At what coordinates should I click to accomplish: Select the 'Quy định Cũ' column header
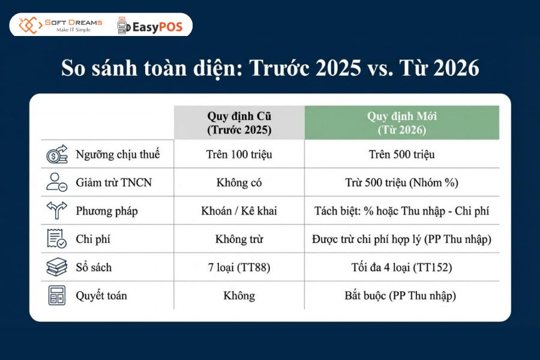pyautogui.click(x=239, y=122)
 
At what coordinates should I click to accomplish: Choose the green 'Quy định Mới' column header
pyautogui.click(x=401, y=122)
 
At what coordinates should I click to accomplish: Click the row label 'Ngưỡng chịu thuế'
pyautogui.click(x=118, y=154)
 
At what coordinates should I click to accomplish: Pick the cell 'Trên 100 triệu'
pyautogui.click(x=239, y=154)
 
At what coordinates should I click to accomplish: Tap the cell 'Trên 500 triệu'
pyautogui.click(x=401, y=154)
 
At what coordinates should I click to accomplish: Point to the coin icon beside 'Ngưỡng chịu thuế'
pyautogui.click(x=58, y=154)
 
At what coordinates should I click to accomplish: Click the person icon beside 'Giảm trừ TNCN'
pyautogui.click(x=58, y=182)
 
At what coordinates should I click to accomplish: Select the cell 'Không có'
pyautogui.click(x=239, y=182)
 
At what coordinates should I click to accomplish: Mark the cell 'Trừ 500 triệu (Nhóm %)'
pyautogui.click(x=401, y=182)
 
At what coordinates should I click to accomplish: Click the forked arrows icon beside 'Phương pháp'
pyautogui.click(x=58, y=211)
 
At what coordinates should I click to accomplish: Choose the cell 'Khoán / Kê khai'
pyautogui.click(x=239, y=211)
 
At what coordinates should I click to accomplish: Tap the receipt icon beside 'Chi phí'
pyautogui.click(x=58, y=239)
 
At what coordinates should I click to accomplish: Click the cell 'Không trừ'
pyautogui.click(x=239, y=239)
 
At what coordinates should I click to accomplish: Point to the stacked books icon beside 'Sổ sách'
pyautogui.click(x=58, y=267)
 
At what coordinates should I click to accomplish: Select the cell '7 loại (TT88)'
pyautogui.click(x=239, y=267)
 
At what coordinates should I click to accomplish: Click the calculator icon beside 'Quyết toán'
pyautogui.click(x=58, y=295)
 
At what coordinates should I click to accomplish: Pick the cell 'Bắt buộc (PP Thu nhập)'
pyautogui.click(x=401, y=295)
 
